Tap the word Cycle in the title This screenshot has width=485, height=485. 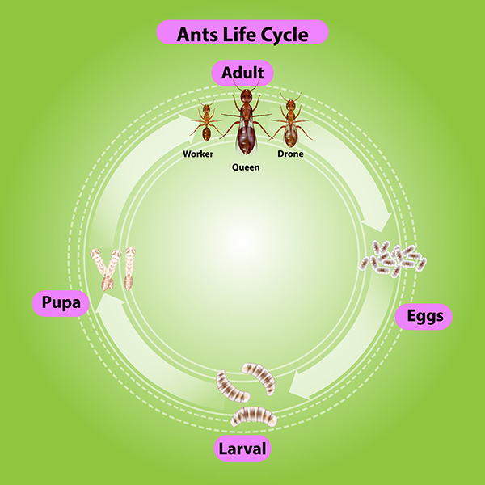(285, 35)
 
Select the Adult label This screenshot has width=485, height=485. (242, 73)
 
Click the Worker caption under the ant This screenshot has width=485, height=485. (198, 154)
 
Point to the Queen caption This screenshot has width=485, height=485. (246, 167)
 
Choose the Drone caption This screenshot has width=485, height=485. (290, 154)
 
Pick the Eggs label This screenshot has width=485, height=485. (424, 316)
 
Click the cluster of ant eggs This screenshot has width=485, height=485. (393, 259)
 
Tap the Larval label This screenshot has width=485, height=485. (242, 449)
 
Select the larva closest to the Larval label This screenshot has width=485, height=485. (254, 416)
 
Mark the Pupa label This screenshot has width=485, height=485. (61, 303)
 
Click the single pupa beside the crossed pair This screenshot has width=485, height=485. (129, 268)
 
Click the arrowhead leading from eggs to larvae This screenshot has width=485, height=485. (299, 385)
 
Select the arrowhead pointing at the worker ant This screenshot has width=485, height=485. (187, 128)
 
